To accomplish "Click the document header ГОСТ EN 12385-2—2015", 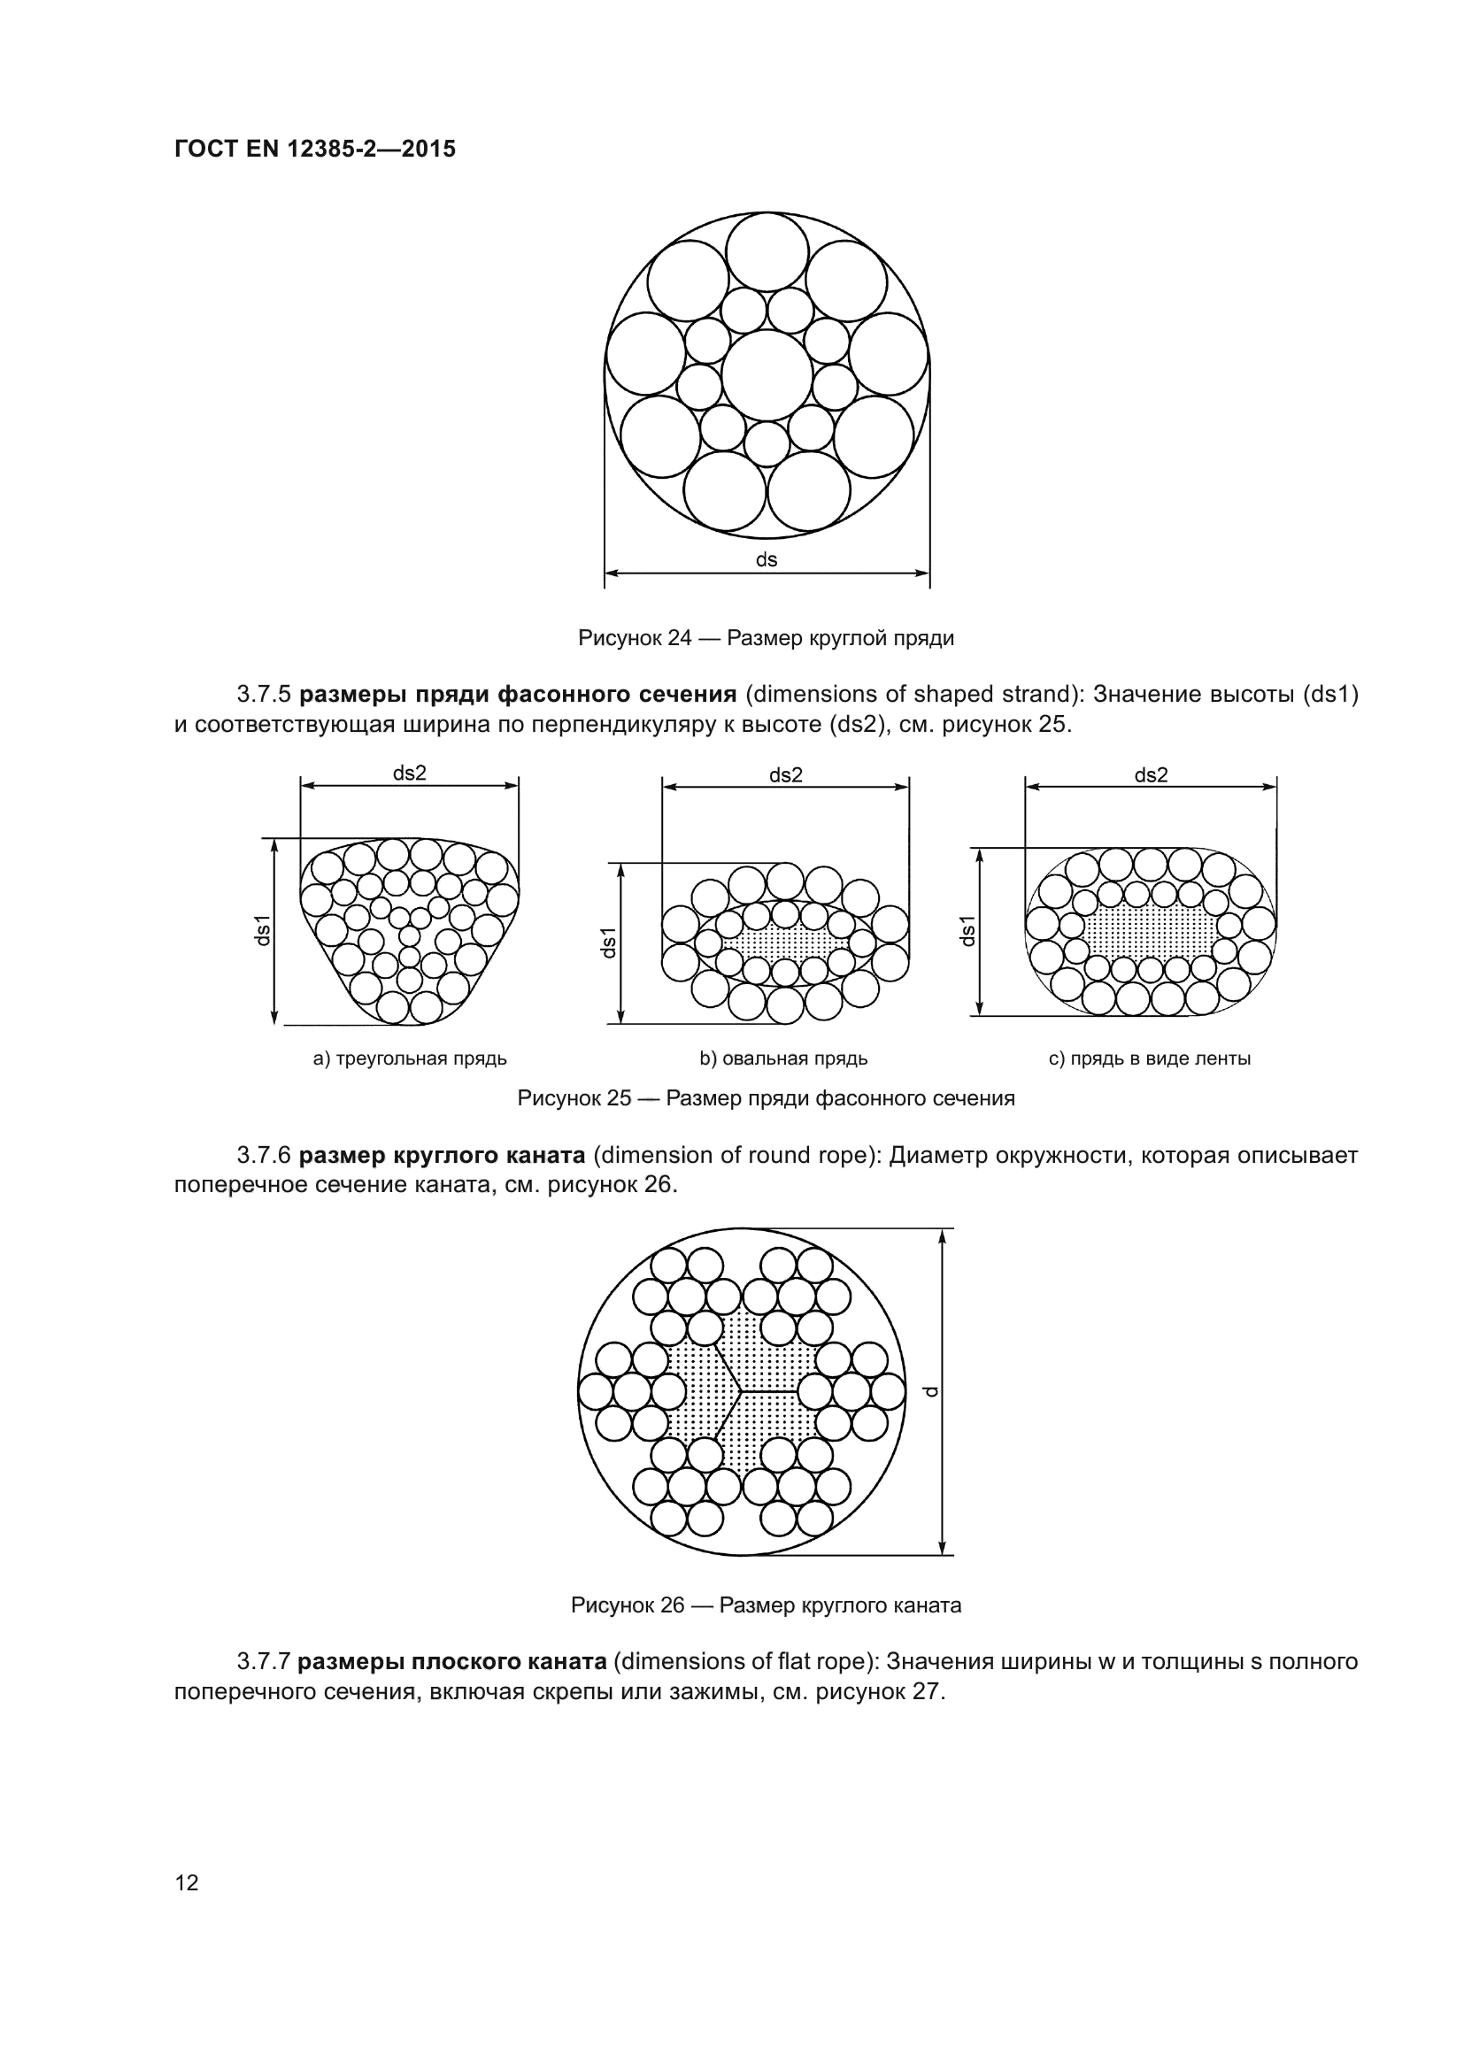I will [x=314, y=149].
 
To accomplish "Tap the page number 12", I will [x=187, y=1882].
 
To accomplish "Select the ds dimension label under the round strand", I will [x=767, y=559].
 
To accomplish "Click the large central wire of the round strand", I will [x=767, y=375].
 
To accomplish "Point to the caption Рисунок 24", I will [x=766, y=638].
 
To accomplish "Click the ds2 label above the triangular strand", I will [x=409, y=773].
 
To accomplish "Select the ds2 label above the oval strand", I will [x=785, y=774].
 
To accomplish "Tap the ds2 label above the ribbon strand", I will [x=1151, y=774].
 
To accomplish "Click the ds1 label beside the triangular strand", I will [x=262, y=930].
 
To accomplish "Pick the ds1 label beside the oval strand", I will [x=609, y=943].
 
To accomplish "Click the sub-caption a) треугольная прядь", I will [x=409, y=1058].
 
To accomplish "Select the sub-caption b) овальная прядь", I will [x=783, y=1058].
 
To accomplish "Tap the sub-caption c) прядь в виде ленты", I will [x=1150, y=1058].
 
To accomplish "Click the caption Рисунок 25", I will [x=766, y=1098].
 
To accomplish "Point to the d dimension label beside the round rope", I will [x=932, y=1391].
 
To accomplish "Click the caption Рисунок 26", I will [x=766, y=1605].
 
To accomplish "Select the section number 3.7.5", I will [x=264, y=694].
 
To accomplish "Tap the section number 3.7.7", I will [x=263, y=1662].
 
